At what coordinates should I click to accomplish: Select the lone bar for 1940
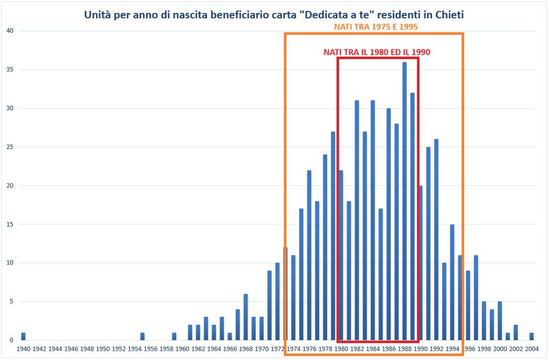click(x=23, y=337)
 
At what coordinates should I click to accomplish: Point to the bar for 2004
click(x=532, y=337)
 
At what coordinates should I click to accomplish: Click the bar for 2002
click(x=516, y=333)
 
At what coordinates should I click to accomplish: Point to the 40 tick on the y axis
click(x=9, y=31)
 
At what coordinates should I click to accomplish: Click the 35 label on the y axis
click(x=9, y=70)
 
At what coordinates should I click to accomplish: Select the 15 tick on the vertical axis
click(x=9, y=224)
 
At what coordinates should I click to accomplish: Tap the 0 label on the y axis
click(x=11, y=340)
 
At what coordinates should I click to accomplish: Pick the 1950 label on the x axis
click(x=103, y=349)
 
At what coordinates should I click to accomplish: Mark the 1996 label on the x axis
click(x=468, y=349)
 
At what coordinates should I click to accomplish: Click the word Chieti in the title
click(x=449, y=15)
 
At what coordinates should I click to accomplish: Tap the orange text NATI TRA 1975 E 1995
click(x=375, y=27)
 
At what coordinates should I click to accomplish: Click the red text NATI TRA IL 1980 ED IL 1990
click(x=377, y=52)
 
